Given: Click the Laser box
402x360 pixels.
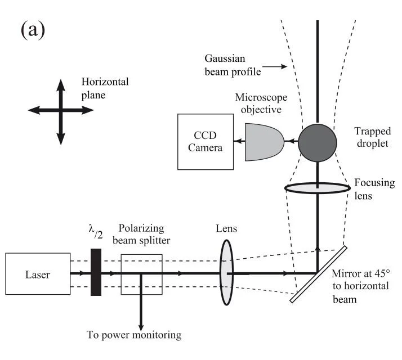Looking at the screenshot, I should tap(37, 275).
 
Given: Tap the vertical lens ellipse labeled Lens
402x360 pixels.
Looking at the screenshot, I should tap(226, 273).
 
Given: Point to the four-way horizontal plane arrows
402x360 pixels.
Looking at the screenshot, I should tap(61, 111).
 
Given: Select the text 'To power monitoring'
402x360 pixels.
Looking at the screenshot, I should tap(134, 335).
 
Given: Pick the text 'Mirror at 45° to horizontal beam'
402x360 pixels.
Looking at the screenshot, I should tap(360, 283).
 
